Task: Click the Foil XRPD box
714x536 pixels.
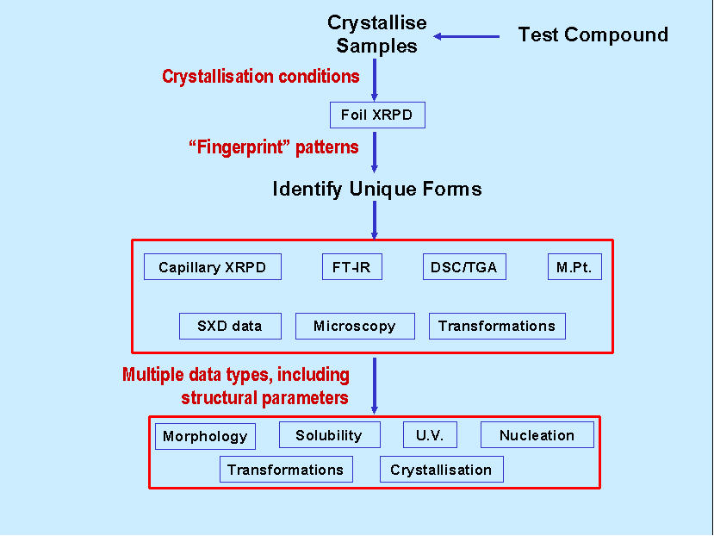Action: tap(377, 115)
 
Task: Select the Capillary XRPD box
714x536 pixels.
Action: tap(213, 266)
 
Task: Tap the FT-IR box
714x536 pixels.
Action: tap(352, 266)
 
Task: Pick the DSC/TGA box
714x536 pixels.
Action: tap(464, 266)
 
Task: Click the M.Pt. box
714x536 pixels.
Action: tap(574, 266)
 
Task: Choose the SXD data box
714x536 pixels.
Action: tap(231, 326)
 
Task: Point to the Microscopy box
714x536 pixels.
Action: tap(355, 326)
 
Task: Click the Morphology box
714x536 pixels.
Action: tap(205, 436)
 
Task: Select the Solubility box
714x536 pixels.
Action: tap(330, 435)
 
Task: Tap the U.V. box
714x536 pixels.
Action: tap(431, 435)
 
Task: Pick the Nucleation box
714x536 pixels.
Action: tap(537, 435)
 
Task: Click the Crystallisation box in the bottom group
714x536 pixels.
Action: tap(442, 469)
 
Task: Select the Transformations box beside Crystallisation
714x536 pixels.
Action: tap(287, 469)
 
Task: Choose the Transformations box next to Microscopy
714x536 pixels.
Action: tap(497, 326)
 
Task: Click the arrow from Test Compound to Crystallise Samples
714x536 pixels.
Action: tap(466, 36)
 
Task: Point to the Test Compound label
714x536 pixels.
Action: tap(593, 34)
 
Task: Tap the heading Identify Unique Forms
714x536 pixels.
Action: tap(377, 189)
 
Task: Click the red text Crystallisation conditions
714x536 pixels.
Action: tap(261, 77)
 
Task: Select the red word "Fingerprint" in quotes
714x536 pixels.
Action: tap(239, 147)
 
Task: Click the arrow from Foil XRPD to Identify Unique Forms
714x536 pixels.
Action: tap(375, 153)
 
